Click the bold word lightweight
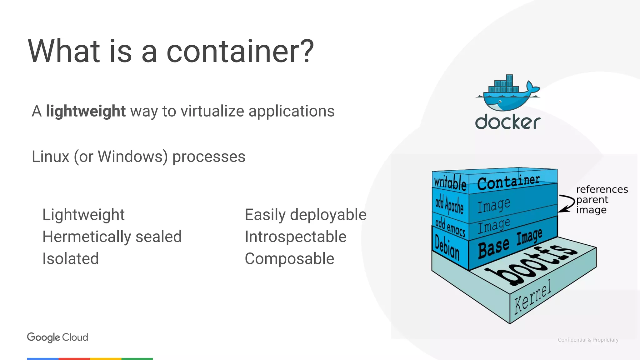point(86,111)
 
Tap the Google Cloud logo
point(57,337)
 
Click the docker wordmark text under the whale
point(507,122)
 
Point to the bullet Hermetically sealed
point(112,237)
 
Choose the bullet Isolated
point(71,259)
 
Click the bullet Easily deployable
point(305,215)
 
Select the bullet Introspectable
point(295,237)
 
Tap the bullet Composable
point(289,259)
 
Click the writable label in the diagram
point(450,182)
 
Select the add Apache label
point(449,204)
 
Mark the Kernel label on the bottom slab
point(533,297)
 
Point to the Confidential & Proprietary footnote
point(588,340)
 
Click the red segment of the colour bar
point(74,359)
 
